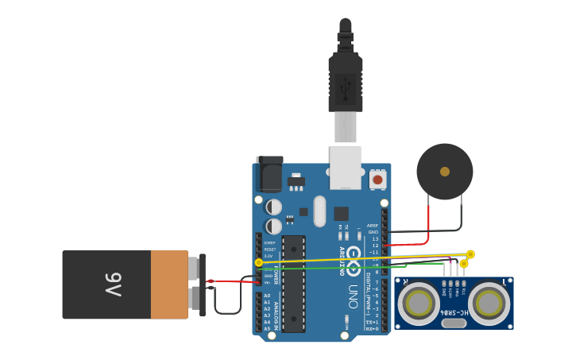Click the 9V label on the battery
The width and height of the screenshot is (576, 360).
(x=110, y=284)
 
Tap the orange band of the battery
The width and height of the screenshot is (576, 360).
(x=169, y=284)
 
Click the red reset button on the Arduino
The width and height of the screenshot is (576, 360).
(x=377, y=180)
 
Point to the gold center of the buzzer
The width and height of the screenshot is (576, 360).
(x=445, y=172)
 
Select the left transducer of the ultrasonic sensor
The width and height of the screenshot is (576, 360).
(x=419, y=303)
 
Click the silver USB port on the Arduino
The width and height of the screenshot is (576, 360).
(x=346, y=168)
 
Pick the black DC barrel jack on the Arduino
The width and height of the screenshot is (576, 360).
(x=269, y=174)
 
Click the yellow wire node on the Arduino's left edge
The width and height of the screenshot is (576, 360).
(x=258, y=262)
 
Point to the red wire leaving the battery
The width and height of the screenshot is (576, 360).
(x=230, y=281)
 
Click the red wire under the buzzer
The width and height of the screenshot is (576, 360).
(x=429, y=226)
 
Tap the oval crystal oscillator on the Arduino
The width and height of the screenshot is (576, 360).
(x=319, y=211)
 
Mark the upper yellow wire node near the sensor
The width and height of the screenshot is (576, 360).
(x=470, y=254)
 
